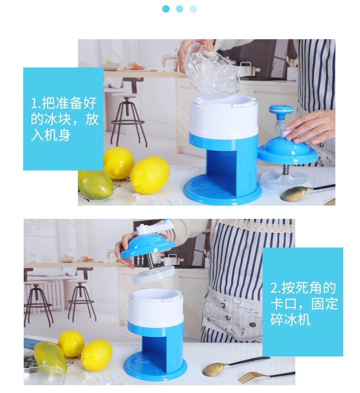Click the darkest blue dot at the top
click(x=166, y=9)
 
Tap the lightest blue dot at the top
click(x=193, y=9)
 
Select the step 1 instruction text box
click(x=63, y=119)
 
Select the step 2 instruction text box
click(x=303, y=301)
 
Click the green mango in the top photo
click(x=95, y=184)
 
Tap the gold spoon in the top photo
click(x=294, y=193)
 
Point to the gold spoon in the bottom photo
click(x=219, y=367)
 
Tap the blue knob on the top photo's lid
click(x=281, y=110)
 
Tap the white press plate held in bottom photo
click(x=153, y=274)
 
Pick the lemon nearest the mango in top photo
click(x=118, y=163)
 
